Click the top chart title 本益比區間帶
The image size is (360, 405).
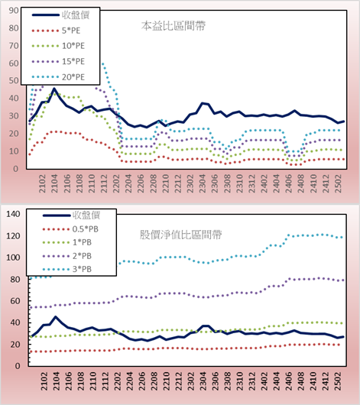(x=174, y=26)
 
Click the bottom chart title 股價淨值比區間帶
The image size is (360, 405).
(x=180, y=235)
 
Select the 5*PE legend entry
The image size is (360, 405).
(x=56, y=31)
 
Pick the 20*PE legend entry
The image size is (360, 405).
(x=58, y=77)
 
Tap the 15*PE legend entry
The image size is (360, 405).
(x=58, y=61)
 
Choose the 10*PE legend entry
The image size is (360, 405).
(x=58, y=46)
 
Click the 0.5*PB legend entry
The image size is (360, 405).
(x=70, y=229)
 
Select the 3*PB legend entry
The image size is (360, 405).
(x=67, y=269)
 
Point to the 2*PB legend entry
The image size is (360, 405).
(x=67, y=256)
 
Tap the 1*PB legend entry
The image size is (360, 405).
(x=67, y=242)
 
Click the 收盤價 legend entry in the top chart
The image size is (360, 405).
(x=60, y=15)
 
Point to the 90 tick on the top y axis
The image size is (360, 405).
(x=14, y=11)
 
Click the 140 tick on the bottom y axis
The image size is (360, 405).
(x=13, y=214)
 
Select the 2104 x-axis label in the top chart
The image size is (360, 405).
(x=54, y=183)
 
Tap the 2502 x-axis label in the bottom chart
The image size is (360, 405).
(x=338, y=381)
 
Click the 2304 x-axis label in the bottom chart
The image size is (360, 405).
(x=203, y=381)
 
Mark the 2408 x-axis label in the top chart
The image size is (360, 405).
(x=301, y=183)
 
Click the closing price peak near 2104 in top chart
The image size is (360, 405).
(x=54, y=89)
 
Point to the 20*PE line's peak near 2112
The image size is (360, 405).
(x=103, y=63)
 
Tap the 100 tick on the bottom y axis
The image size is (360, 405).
(x=13, y=258)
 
